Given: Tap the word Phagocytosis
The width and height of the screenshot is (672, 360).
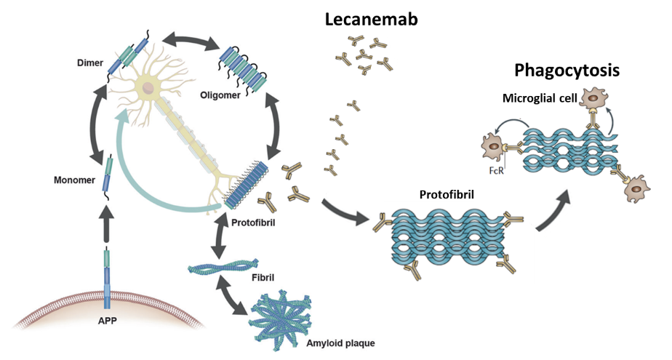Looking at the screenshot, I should (x=567, y=71).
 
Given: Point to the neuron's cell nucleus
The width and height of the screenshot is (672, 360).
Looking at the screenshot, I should (x=149, y=89).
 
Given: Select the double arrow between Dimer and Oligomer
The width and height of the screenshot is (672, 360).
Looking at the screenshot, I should (x=191, y=41).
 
